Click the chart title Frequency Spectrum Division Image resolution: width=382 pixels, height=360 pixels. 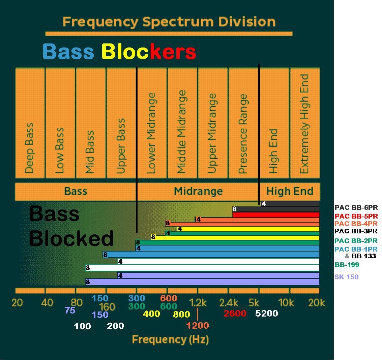pos(169,22)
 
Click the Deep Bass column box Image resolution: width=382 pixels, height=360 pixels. pos(30,123)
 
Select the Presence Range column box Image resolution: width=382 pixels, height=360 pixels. pos(243,123)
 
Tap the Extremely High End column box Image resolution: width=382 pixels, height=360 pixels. pos(305,123)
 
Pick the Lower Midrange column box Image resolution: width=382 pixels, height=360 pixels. pos(152,123)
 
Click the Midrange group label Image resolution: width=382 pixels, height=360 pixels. pos(198,191)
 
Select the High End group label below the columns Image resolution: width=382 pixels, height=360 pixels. pos(290,191)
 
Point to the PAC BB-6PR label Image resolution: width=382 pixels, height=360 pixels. pos(356,208)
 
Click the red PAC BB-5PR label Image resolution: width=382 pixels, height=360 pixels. pos(356,216)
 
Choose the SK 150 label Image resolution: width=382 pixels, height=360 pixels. pos(347,277)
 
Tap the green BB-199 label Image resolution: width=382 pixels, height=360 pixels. pos(347,265)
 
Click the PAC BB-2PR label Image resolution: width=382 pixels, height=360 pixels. pos(356,241)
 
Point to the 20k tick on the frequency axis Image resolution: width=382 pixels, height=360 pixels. pos(316,303)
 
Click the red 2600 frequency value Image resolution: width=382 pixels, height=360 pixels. pos(235,314)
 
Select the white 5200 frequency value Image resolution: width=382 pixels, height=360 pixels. pos(266,314)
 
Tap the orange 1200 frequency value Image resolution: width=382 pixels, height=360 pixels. pos(197,326)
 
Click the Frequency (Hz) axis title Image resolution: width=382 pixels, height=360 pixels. pos(170,339)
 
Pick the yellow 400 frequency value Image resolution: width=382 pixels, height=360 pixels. pos(151,314)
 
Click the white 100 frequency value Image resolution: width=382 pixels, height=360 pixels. pos(82,326)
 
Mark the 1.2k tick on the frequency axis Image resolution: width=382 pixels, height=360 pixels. pos(198,303)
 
